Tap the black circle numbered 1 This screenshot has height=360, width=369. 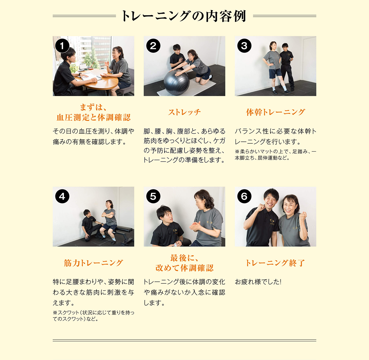[x=62, y=46]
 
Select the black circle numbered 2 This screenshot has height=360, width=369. [x=153, y=46]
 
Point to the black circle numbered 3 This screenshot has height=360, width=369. [x=244, y=46]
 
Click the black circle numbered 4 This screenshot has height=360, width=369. [x=62, y=196]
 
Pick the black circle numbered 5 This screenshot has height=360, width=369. [x=153, y=196]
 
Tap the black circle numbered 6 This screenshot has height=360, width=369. [x=244, y=196]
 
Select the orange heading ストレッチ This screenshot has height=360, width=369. [x=184, y=112]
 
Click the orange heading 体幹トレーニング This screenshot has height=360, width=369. [x=275, y=112]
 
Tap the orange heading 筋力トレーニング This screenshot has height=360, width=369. [x=93, y=263]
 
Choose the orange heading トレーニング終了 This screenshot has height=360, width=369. [x=275, y=263]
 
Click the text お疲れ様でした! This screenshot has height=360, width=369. [x=258, y=282]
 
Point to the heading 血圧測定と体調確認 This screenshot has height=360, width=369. [x=94, y=118]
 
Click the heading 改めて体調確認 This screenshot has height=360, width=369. [x=184, y=268]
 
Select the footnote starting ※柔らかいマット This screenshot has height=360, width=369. [x=275, y=155]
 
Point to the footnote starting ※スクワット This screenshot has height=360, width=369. [x=93, y=316]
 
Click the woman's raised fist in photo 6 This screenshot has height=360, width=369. [x=303, y=217]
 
